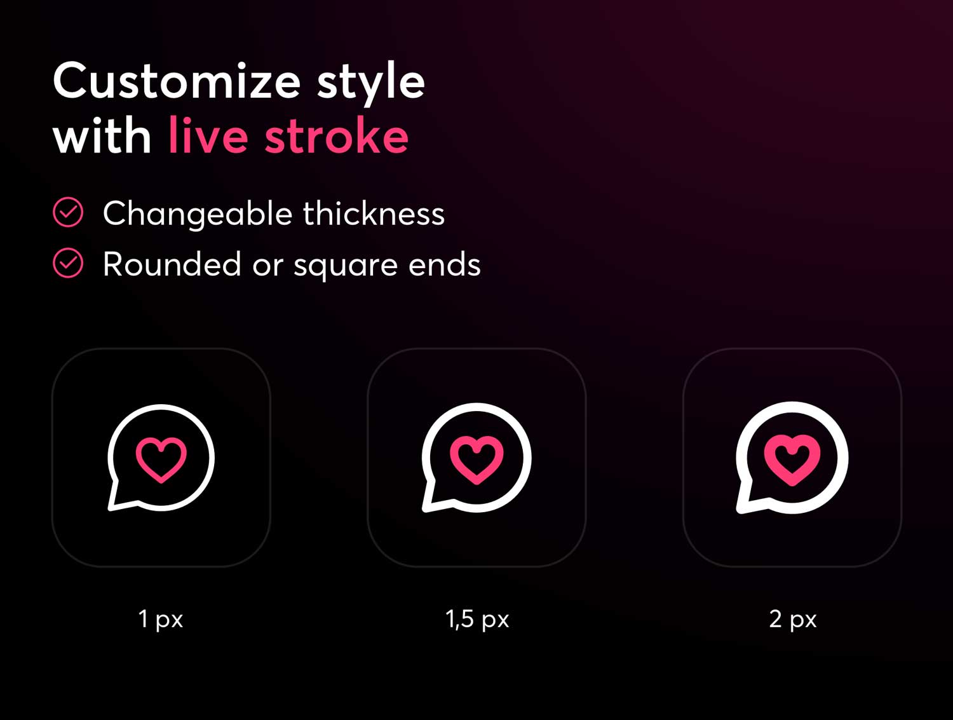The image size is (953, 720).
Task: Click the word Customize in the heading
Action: (177, 81)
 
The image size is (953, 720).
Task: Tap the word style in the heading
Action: (371, 84)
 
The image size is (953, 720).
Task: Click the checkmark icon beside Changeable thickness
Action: (68, 212)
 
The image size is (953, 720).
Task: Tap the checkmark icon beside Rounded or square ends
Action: (68, 262)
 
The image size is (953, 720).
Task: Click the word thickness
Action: (374, 213)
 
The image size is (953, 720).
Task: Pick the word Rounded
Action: (172, 264)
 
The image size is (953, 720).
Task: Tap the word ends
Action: (445, 264)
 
